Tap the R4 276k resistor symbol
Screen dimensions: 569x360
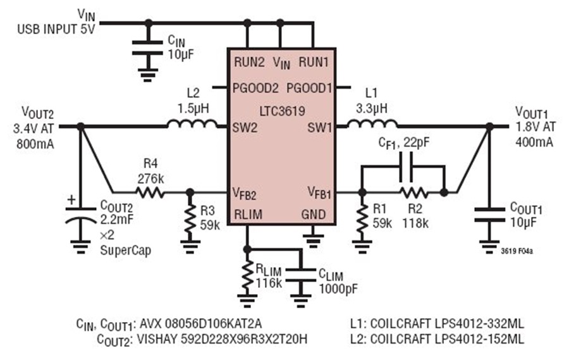[x=150, y=192]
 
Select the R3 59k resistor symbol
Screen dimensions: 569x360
[x=190, y=219]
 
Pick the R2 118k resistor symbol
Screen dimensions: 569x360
[x=414, y=192]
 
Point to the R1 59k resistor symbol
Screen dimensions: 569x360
[x=362, y=219]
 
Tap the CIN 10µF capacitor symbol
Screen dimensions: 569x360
[x=147, y=48]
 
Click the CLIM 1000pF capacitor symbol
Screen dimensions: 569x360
[x=300, y=275]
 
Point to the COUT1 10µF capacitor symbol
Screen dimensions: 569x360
[x=489, y=214]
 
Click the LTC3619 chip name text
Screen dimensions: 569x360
[x=282, y=111]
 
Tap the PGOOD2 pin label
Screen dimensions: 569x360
[x=255, y=88]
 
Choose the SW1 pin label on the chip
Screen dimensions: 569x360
[x=320, y=128]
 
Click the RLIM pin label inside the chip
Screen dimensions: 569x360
[x=248, y=214]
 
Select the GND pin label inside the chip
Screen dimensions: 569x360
[x=314, y=214]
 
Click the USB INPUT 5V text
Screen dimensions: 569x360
[x=56, y=29]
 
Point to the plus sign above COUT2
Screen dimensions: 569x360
[x=72, y=199]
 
